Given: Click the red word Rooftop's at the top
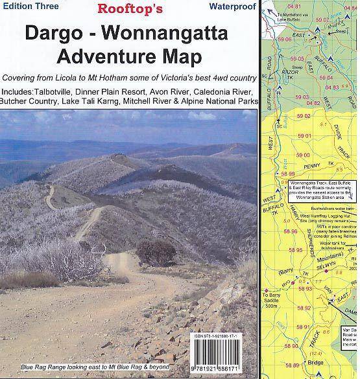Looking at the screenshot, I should click(x=130, y=9).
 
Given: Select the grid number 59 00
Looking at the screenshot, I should click(x=304, y=155).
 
